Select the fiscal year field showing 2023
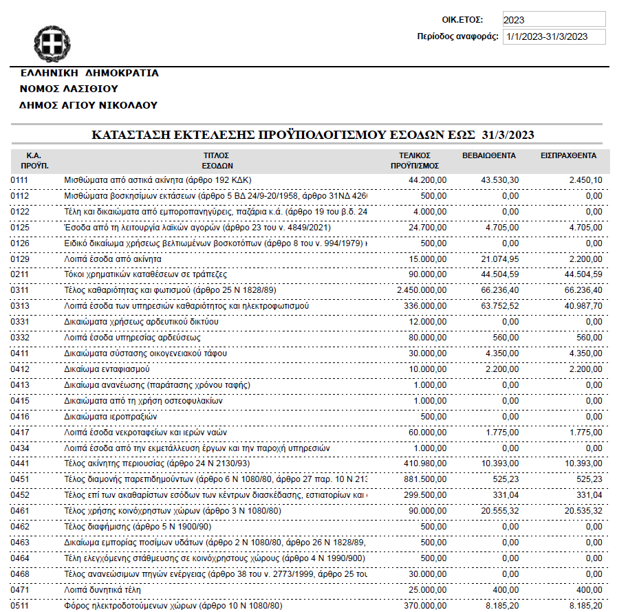[x=554, y=19]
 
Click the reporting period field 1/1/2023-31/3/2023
[x=554, y=36]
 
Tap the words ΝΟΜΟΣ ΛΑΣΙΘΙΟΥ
[x=69, y=89]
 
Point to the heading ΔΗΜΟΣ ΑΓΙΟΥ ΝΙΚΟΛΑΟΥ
[x=89, y=105]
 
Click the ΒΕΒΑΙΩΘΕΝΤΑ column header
[x=489, y=155]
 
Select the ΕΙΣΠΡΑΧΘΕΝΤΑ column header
[x=568, y=155]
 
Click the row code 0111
[x=19, y=179]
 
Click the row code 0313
[x=19, y=305]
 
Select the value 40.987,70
[x=581, y=305]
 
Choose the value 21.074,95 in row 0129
[x=497, y=259]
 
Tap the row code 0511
[x=19, y=606]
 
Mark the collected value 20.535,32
[x=581, y=511]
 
